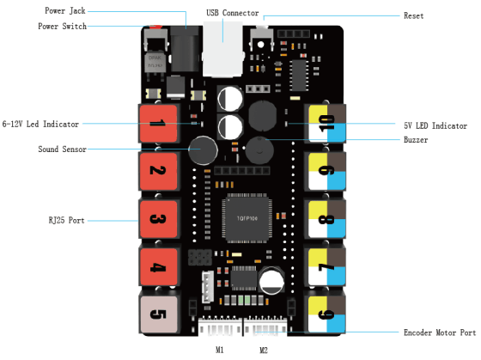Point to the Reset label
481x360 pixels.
tap(414, 15)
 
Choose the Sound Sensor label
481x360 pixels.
tap(61, 149)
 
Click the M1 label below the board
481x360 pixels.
tap(219, 351)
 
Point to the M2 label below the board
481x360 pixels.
tap(265, 351)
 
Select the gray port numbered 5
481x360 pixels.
tap(157, 313)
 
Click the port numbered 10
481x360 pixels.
tap(326, 125)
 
